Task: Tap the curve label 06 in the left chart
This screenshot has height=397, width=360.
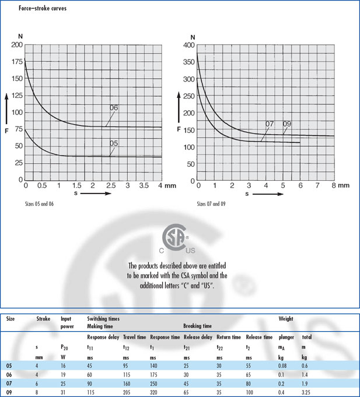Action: tap(113, 108)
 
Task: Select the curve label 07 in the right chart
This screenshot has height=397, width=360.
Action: tap(270, 124)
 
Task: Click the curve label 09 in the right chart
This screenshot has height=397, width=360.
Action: tap(286, 124)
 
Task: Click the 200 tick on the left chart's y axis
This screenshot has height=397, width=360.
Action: tap(16, 45)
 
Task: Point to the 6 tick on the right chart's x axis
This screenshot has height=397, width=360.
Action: tap(300, 185)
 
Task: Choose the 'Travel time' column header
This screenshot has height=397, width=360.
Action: tap(134, 338)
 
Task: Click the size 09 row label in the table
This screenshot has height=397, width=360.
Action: tap(9, 393)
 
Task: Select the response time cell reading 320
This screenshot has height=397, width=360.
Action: tap(155, 393)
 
